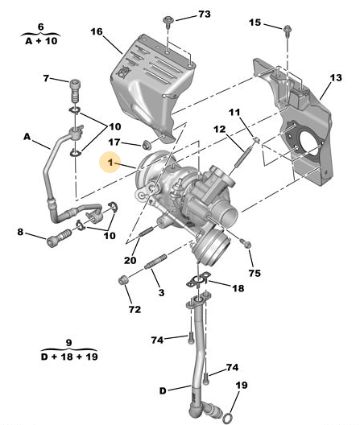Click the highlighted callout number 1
(x=110, y=163)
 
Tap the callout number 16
(x=97, y=31)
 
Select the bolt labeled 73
(x=167, y=22)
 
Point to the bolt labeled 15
(x=288, y=29)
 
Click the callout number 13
(x=336, y=78)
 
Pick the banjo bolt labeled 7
(x=76, y=91)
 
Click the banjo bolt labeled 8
(x=59, y=237)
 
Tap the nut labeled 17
(x=147, y=145)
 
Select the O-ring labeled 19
(x=228, y=417)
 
